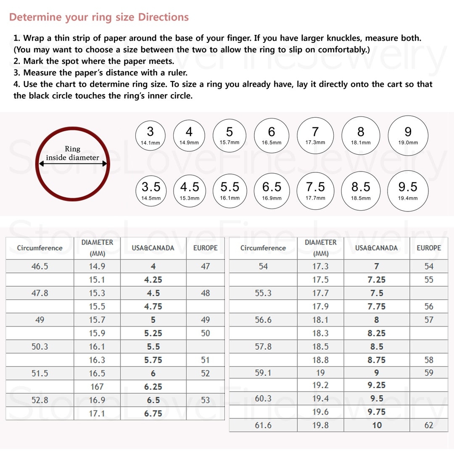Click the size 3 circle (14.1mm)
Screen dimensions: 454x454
coord(150,135)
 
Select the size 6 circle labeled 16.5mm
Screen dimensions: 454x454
coord(272,135)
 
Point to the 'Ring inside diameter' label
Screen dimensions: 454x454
coord(72,153)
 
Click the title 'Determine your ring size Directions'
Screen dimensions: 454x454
coord(99,17)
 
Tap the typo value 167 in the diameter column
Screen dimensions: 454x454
coord(97,386)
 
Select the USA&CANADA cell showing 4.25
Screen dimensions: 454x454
coord(153,280)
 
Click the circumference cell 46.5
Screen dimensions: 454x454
coord(40,266)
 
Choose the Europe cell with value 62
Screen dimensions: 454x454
coord(428,425)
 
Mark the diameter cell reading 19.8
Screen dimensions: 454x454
coord(320,425)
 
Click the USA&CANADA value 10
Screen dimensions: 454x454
coord(377,425)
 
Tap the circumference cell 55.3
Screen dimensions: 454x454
coord(263,293)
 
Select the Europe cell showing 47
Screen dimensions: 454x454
coord(205,266)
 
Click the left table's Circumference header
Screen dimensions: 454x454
coord(40,248)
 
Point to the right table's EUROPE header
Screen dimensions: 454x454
coord(428,248)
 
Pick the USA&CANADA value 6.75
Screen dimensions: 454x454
coord(153,413)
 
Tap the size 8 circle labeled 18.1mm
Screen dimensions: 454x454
coord(361,135)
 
